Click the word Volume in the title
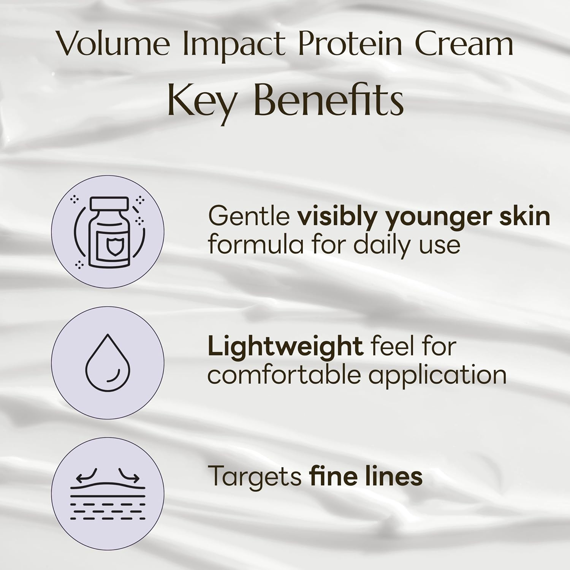point(114,44)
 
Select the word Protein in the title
point(350,44)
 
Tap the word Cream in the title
point(464,44)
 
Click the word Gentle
point(249,217)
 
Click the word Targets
point(255,476)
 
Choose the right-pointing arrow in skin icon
point(129,476)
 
